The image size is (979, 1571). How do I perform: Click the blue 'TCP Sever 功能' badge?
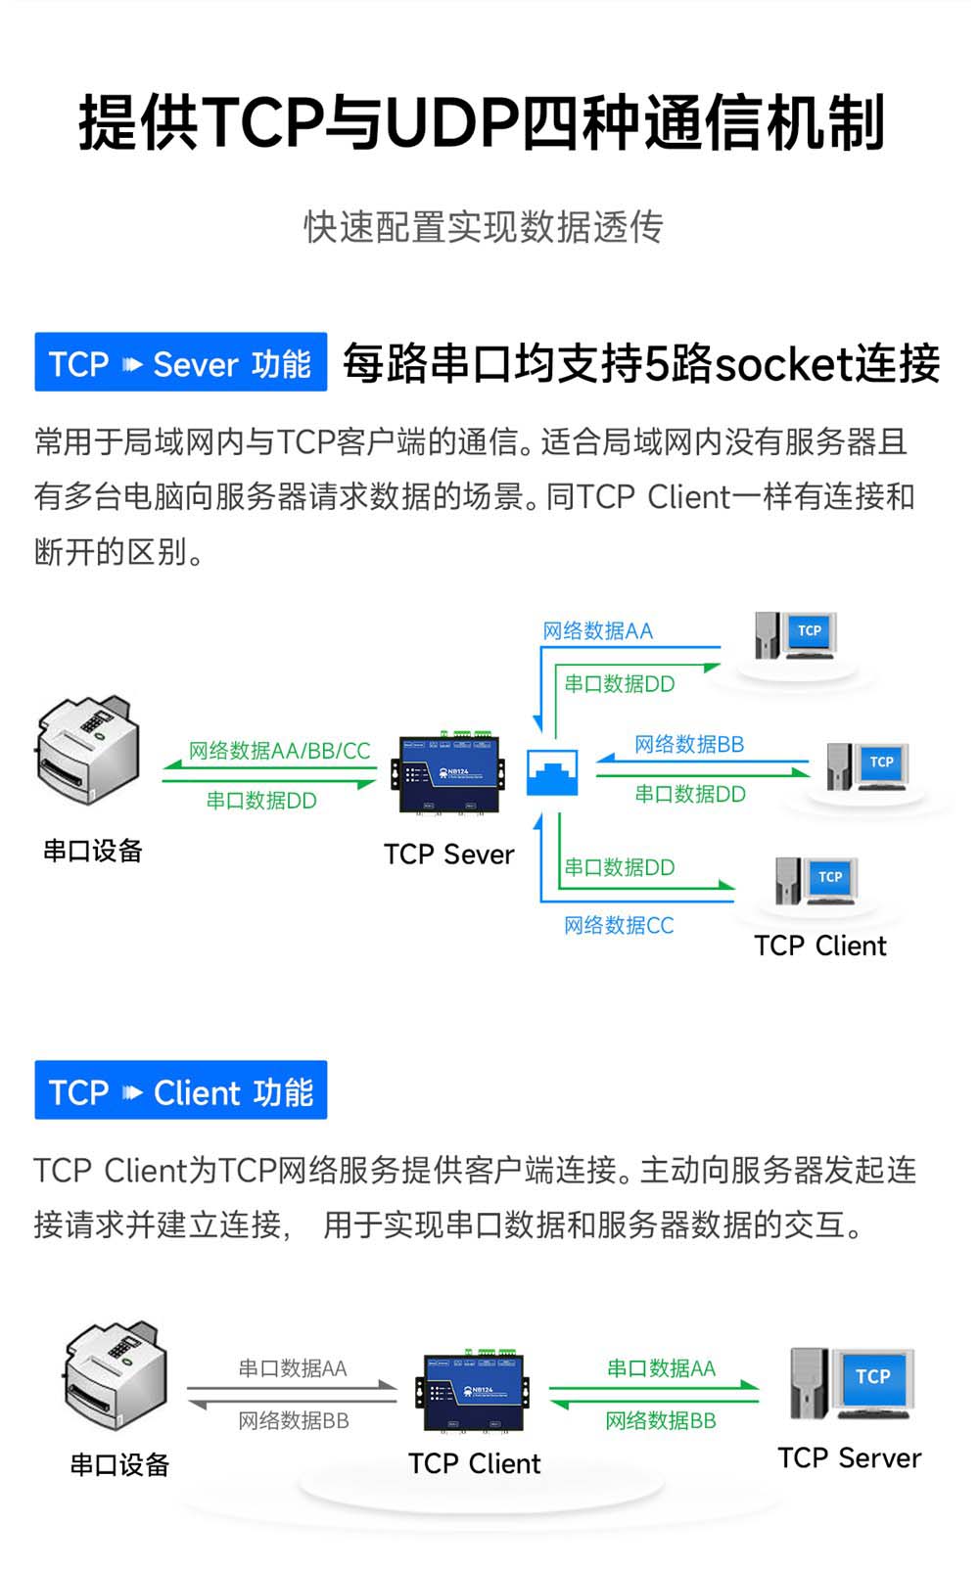pyautogui.click(x=180, y=363)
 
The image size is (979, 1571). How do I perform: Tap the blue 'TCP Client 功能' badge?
pyautogui.click(x=180, y=1090)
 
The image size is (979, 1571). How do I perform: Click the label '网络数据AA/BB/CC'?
pyautogui.click(x=279, y=751)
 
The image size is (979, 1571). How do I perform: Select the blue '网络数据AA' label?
pyautogui.click(x=597, y=631)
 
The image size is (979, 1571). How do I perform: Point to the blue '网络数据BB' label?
pyautogui.click(x=689, y=745)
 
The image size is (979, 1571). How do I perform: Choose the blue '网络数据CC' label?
pyautogui.click(x=619, y=926)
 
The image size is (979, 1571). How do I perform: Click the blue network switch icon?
pyautogui.click(x=552, y=773)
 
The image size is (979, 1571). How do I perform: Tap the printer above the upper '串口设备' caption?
pyautogui.click(x=88, y=750)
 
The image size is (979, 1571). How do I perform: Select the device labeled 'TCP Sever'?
pyautogui.click(x=450, y=775)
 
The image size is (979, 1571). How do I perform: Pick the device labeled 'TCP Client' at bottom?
pyautogui.click(x=475, y=1392)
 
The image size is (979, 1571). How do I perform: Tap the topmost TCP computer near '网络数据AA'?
pyautogui.click(x=795, y=636)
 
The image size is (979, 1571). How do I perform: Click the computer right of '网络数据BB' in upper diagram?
pyautogui.click(x=867, y=766)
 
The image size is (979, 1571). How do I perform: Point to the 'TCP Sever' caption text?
pyautogui.click(x=448, y=855)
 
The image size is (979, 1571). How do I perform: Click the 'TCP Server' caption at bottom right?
pyautogui.click(x=849, y=1458)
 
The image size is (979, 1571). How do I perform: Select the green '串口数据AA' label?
pyautogui.click(x=661, y=1368)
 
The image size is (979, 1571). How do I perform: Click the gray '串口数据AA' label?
pyautogui.click(x=293, y=1368)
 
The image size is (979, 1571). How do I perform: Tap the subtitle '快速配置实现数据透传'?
pyautogui.click(x=484, y=227)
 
